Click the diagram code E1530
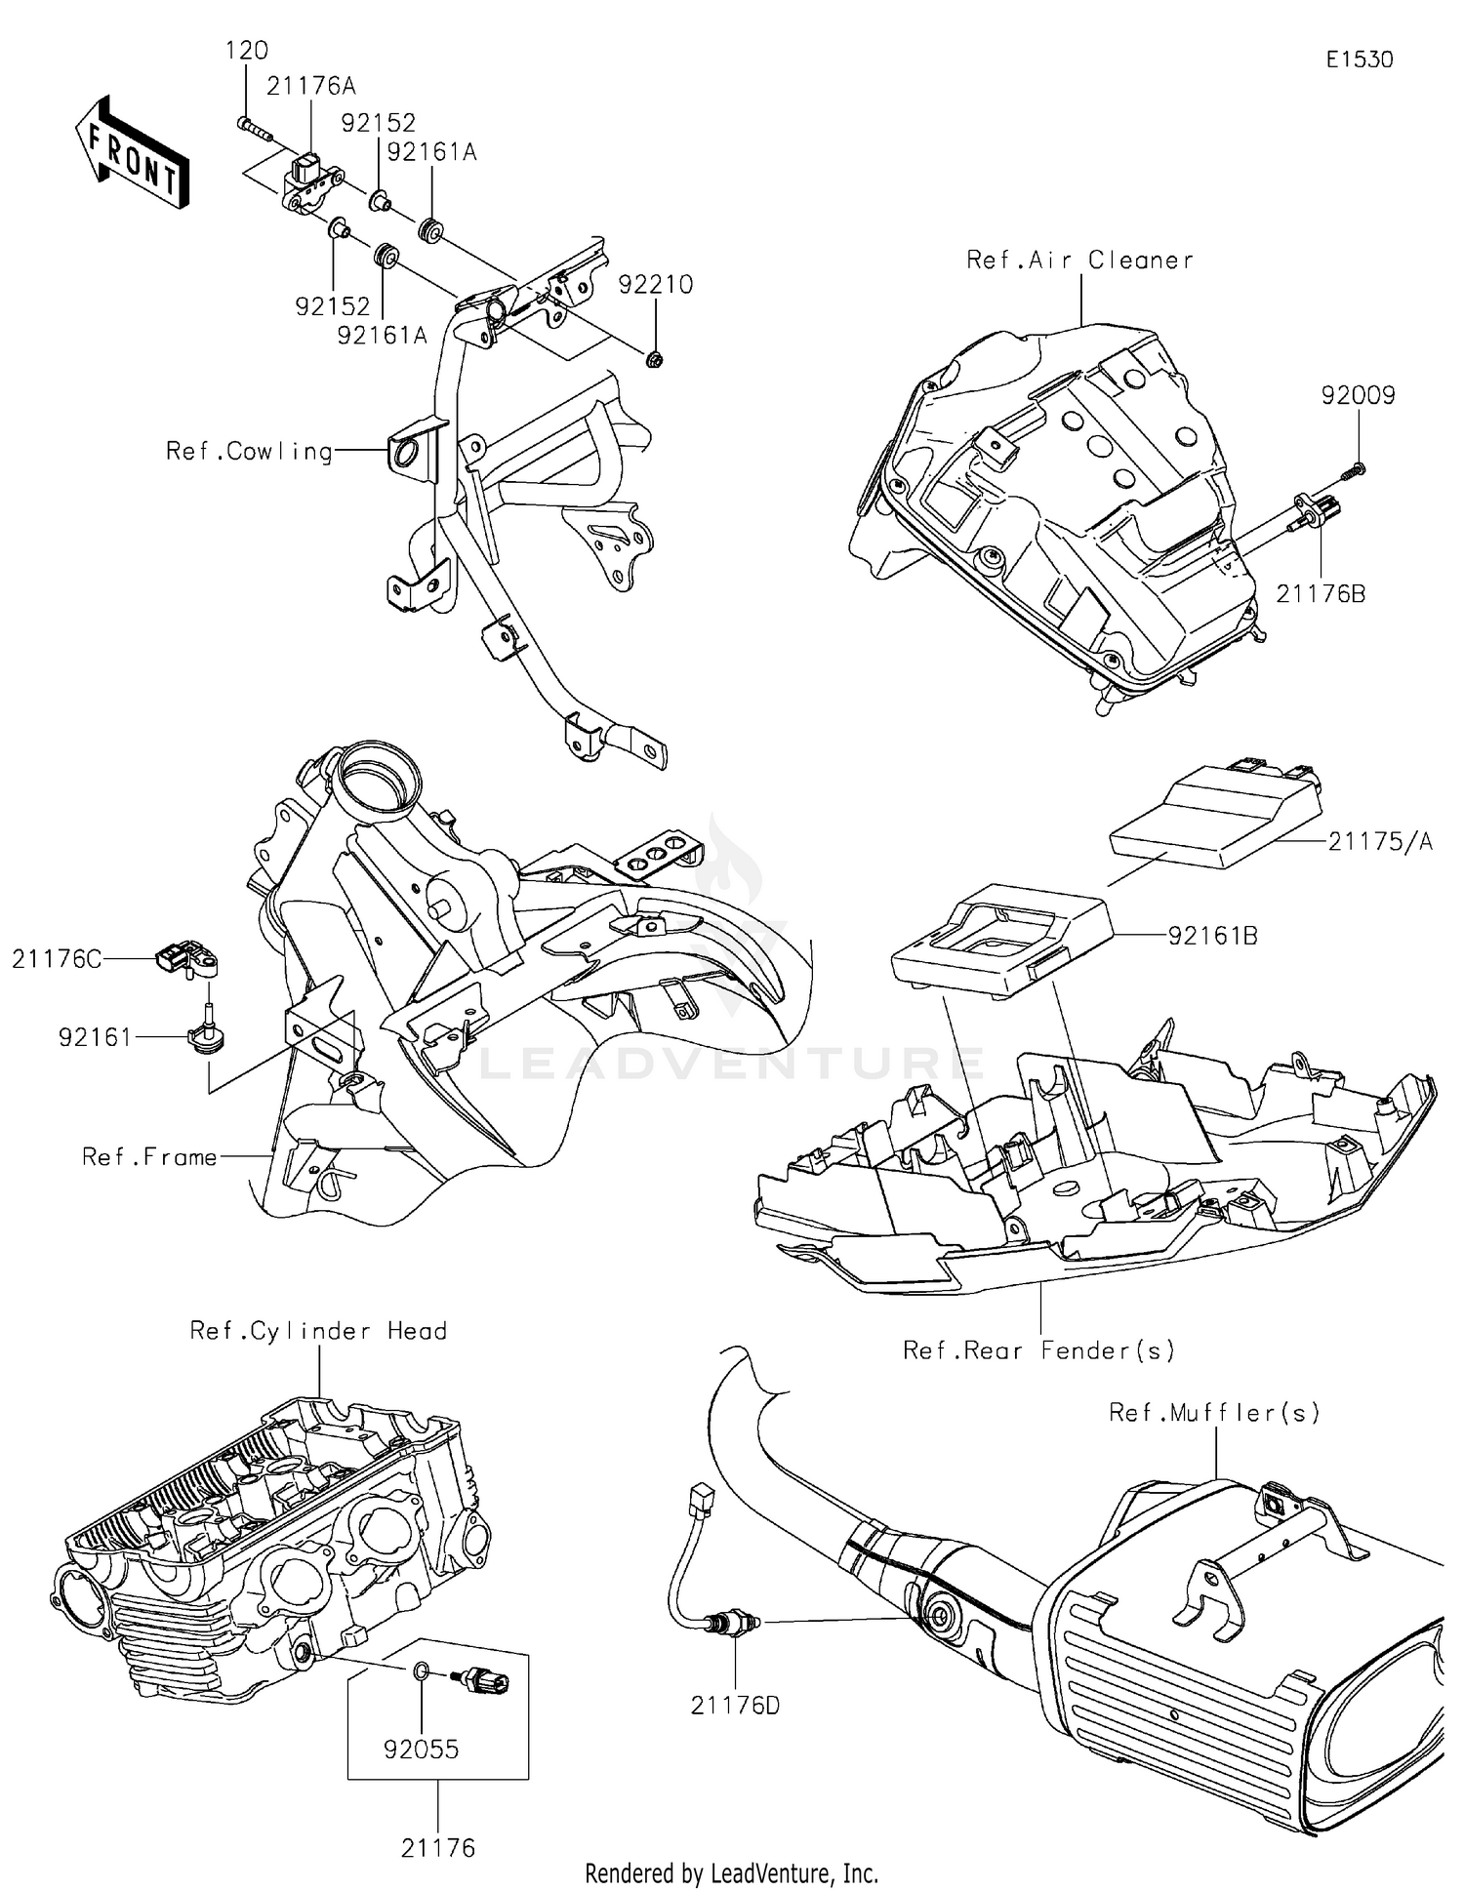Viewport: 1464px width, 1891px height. click(x=1359, y=60)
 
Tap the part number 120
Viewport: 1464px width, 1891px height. click(x=246, y=51)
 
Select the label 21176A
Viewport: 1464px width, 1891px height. click(x=310, y=87)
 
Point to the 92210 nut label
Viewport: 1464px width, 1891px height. click(x=656, y=285)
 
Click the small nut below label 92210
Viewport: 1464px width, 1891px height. click(x=656, y=359)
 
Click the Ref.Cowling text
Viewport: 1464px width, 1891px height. click(x=249, y=452)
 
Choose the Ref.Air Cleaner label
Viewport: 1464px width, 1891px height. click(x=1079, y=261)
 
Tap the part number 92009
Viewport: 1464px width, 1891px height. click(x=1358, y=396)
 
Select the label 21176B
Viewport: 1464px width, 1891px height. click(x=1321, y=593)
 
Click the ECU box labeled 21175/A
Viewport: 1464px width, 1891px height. click(x=1215, y=816)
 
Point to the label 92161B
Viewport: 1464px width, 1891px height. click(x=1212, y=936)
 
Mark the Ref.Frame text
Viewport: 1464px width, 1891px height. click(x=149, y=1157)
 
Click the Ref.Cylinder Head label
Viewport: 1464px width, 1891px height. click(x=318, y=1331)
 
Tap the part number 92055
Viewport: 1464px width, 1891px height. click(x=421, y=1750)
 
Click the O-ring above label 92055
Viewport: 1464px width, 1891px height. click(x=420, y=1672)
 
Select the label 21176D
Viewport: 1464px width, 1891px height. click(x=735, y=1706)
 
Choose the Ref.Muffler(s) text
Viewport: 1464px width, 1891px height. click(x=1214, y=1412)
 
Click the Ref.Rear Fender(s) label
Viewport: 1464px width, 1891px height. click(x=1038, y=1350)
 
